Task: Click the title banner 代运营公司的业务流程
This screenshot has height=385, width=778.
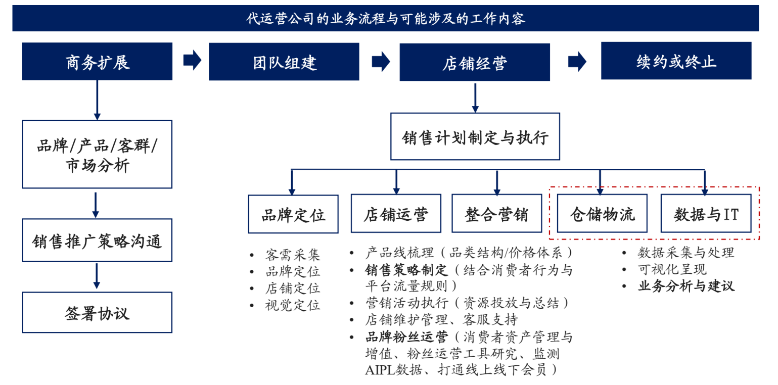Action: (x=386, y=18)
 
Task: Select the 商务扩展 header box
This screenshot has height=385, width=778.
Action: (x=97, y=62)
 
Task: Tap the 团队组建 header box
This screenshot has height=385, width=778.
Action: (x=284, y=62)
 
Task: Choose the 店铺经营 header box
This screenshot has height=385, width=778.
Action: (x=475, y=62)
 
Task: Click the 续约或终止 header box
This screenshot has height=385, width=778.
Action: (x=676, y=61)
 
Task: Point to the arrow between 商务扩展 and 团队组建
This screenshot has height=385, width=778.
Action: (x=193, y=60)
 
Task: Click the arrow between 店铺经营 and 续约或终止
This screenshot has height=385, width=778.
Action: (x=577, y=62)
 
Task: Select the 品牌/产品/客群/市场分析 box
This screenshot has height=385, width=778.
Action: (x=97, y=154)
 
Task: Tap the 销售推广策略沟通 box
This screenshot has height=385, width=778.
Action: (x=97, y=240)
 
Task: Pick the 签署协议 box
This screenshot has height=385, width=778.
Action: (x=97, y=312)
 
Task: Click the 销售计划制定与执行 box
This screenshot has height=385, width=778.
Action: (x=475, y=136)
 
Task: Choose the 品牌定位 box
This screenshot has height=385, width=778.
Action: (x=293, y=214)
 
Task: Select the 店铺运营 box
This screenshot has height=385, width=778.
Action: (x=396, y=214)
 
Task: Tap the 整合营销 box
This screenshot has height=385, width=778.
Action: (x=496, y=214)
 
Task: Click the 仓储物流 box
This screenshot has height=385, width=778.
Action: (x=602, y=214)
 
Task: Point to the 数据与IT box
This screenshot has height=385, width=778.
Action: (x=706, y=214)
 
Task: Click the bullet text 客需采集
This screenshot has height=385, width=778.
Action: (x=292, y=255)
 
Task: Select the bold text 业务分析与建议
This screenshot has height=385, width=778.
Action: (x=687, y=286)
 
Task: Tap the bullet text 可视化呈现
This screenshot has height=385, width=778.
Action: (x=672, y=269)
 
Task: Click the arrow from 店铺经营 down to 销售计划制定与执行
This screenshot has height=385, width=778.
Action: (x=475, y=98)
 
